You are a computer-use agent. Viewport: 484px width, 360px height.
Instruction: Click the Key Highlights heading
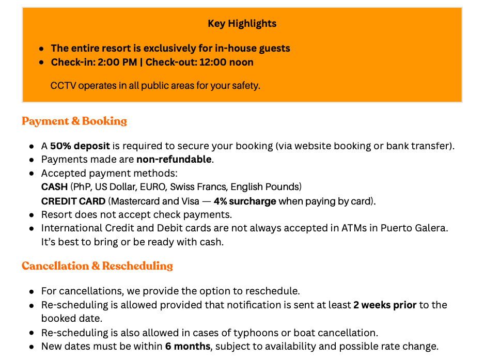[242, 24]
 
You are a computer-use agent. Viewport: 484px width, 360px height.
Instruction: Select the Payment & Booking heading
[74, 121]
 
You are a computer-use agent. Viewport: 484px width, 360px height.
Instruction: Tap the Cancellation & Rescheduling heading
[97, 266]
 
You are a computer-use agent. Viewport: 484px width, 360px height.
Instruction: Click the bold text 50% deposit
[80, 146]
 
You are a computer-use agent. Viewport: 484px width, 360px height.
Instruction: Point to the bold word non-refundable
[174, 159]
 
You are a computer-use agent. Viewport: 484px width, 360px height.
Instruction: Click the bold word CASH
[54, 187]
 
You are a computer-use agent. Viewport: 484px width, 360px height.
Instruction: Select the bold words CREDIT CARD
[73, 201]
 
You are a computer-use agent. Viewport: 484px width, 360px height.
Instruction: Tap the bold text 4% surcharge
[245, 201]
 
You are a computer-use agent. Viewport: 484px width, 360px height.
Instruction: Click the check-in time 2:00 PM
[117, 62]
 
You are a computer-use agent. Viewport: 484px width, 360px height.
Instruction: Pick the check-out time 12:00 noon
[226, 62]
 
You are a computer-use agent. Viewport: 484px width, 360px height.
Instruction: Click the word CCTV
[64, 86]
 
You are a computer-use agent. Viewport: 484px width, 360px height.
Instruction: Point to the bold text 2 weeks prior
[385, 305]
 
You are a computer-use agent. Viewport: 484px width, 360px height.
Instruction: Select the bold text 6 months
[188, 347]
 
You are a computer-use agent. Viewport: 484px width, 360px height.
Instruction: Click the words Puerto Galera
[413, 228]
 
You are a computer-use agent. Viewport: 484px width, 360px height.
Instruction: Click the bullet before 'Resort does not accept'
[32, 215]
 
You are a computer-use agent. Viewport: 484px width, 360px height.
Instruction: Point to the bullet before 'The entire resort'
[41, 49]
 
